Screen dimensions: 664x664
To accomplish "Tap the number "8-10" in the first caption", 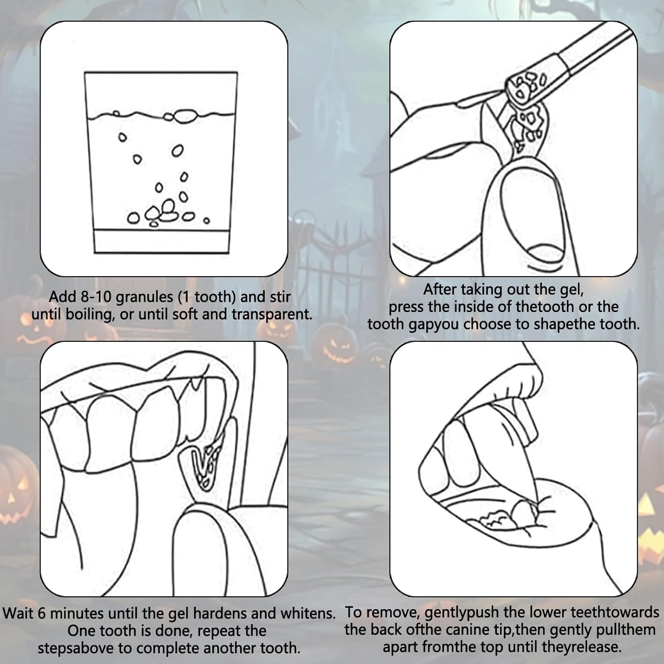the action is tap(97, 297).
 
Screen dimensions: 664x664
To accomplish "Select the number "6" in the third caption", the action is tap(41, 614).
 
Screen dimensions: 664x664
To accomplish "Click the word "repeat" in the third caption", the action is tap(220, 631).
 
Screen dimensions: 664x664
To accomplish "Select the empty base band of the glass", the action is tap(162, 241).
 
